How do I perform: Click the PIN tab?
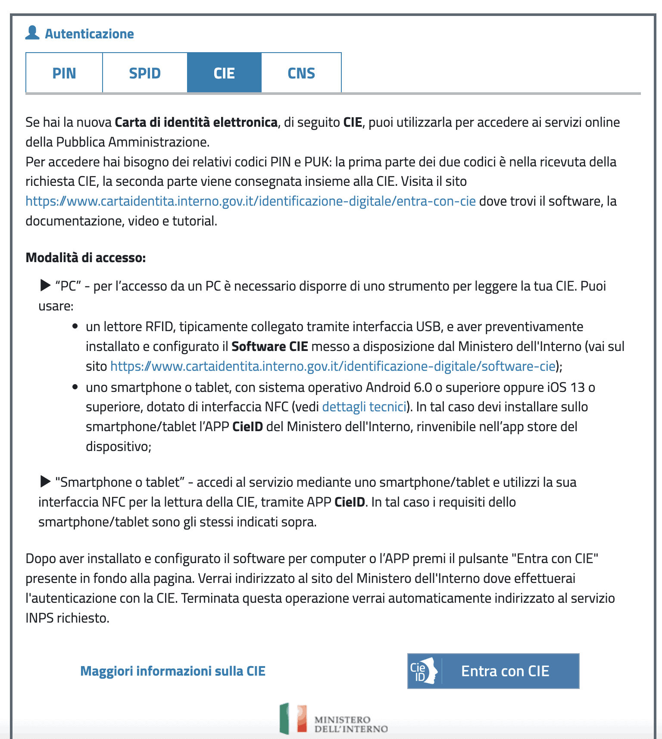[x=64, y=73]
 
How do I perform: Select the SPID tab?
[x=145, y=73]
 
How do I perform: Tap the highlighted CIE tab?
[x=224, y=73]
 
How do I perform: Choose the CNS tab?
[x=301, y=73]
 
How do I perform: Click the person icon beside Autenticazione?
[x=32, y=33]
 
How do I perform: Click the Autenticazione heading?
[x=89, y=34]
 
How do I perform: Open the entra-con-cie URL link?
[x=250, y=201]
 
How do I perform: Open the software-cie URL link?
[x=333, y=366]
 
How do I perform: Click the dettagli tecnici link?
[x=364, y=407]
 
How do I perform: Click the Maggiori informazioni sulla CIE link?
[x=173, y=671]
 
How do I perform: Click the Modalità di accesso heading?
[x=86, y=257]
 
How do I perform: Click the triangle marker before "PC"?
[x=45, y=285]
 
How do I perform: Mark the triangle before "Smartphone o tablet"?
[x=45, y=481]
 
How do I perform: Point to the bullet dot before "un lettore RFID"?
[x=75, y=326]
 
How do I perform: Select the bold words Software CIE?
[x=270, y=346]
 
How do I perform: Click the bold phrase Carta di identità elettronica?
[x=196, y=122]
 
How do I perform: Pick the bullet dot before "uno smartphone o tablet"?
[x=75, y=387]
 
